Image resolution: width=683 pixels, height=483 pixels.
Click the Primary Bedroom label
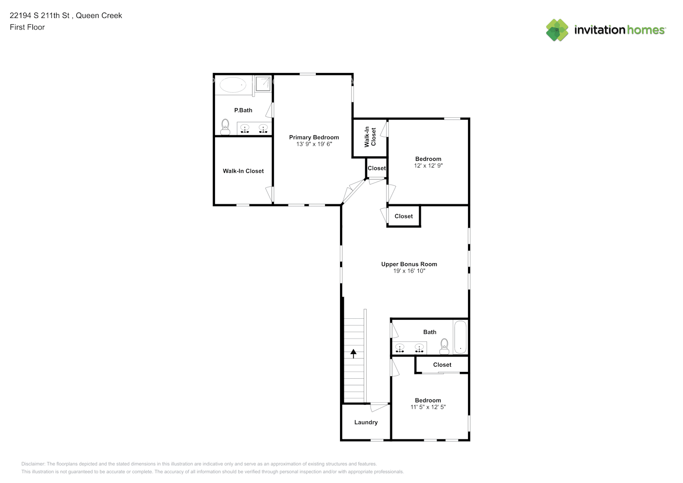pyautogui.click(x=314, y=137)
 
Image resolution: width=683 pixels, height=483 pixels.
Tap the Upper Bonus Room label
pyautogui.click(x=409, y=264)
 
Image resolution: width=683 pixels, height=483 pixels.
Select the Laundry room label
pyautogui.click(x=366, y=422)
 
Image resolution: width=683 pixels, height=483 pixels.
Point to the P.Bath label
pyautogui.click(x=243, y=110)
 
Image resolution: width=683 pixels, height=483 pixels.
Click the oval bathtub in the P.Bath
pyautogui.click(x=233, y=85)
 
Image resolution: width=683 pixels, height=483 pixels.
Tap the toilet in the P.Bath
pyautogui.click(x=225, y=127)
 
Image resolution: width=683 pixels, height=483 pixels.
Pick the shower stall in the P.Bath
pyautogui.click(x=263, y=84)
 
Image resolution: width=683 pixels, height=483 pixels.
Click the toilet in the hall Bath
pyautogui.click(x=444, y=346)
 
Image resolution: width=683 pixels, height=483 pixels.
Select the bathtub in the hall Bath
pyautogui.click(x=460, y=337)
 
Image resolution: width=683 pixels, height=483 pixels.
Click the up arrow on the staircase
pyautogui.click(x=354, y=354)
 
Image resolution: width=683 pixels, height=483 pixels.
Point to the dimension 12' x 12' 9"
pyautogui.click(x=428, y=166)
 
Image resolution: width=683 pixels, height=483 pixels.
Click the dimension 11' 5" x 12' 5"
pyautogui.click(x=428, y=407)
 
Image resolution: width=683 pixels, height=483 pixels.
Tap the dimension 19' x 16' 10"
pyautogui.click(x=409, y=271)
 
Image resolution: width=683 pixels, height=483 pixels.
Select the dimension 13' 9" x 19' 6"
pyautogui.click(x=314, y=144)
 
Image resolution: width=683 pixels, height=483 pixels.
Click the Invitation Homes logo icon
pyautogui.click(x=557, y=30)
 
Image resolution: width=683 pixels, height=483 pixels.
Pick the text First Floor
pyautogui.click(x=27, y=27)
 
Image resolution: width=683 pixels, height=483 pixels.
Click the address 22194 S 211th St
pyautogui.click(x=40, y=15)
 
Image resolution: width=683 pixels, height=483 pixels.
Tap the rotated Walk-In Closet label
pyautogui.click(x=370, y=137)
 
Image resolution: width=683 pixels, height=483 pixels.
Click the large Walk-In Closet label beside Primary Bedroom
pyautogui.click(x=243, y=171)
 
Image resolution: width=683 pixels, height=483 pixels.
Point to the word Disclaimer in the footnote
pyautogui.click(x=33, y=464)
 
